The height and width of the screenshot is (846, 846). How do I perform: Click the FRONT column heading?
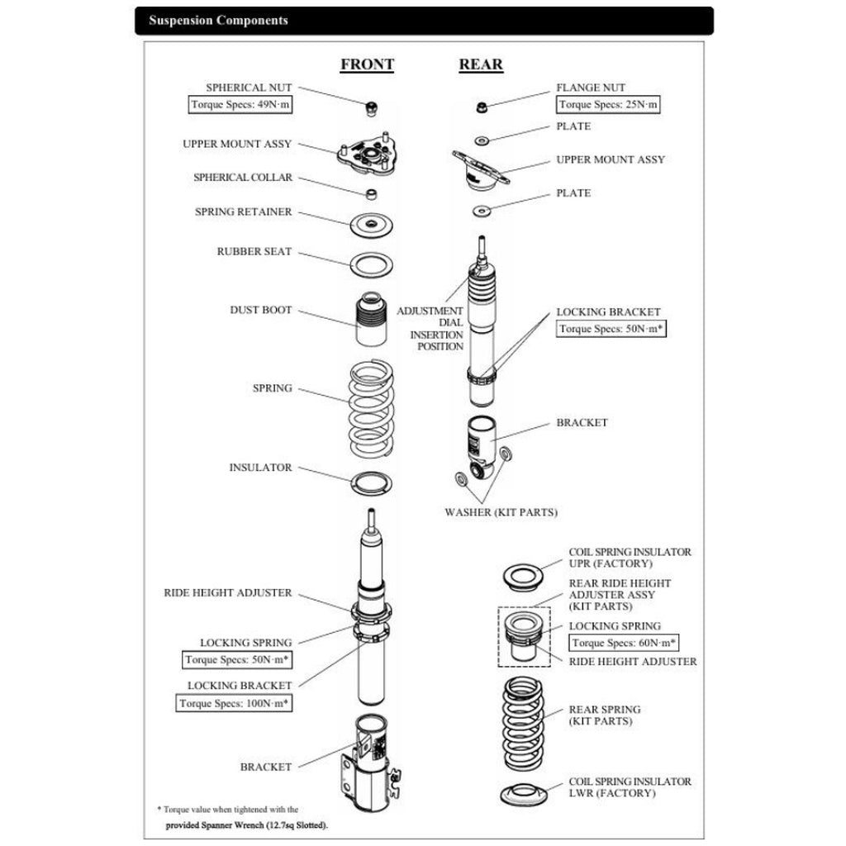click(x=367, y=64)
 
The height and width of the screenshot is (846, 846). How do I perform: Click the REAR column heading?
click(x=481, y=64)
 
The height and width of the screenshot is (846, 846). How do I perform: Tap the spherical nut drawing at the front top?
click(x=373, y=107)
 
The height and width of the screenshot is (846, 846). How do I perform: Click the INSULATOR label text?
click(x=260, y=468)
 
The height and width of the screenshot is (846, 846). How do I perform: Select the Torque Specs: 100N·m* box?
click(x=235, y=703)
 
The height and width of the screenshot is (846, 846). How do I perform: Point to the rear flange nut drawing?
click(x=481, y=107)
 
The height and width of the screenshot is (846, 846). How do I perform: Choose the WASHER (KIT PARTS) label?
click(x=501, y=512)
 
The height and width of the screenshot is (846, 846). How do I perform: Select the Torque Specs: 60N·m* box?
click(x=625, y=643)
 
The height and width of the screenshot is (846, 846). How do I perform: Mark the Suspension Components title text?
click(x=218, y=21)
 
